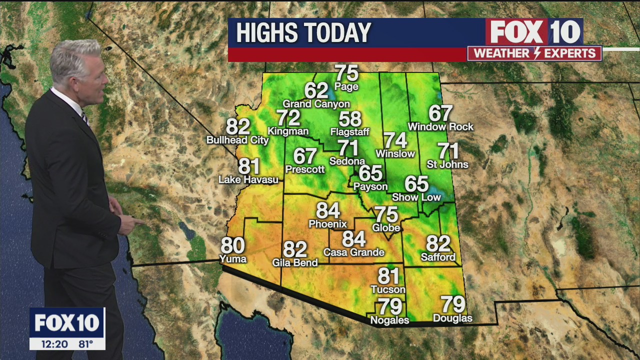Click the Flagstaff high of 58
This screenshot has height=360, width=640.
(350, 119)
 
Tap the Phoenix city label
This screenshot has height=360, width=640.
(327, 224)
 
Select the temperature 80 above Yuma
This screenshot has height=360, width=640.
(232, 246)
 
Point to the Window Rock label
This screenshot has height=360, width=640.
(440, 127)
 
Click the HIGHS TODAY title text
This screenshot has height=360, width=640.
(303, 33)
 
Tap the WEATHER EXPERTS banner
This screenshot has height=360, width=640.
(534, 53)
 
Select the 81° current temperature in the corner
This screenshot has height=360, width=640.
(85, 344)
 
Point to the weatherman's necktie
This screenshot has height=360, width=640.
(85, 118)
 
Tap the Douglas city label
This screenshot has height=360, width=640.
(452, 318)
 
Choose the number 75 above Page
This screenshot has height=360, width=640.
(346, 73)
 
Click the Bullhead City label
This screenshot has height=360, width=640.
(237, 140)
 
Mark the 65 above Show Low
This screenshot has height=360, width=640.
(416, 184)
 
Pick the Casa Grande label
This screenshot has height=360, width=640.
(353, 252)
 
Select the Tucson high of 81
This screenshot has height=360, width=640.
(388, 276)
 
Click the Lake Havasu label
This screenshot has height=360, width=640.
(248, 179)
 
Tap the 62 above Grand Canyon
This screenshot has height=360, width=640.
(316, 91)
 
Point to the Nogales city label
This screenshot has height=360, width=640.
(389, 320)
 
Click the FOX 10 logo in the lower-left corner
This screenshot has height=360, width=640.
(67, 323)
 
